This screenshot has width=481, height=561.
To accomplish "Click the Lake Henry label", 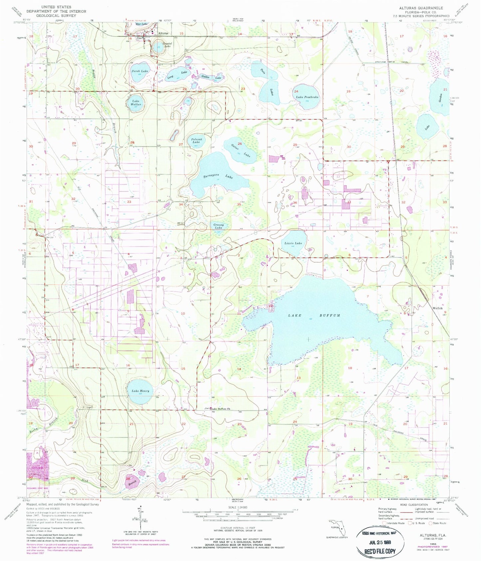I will [x=140, y=391].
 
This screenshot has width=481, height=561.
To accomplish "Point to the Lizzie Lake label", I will [x=293, y=243].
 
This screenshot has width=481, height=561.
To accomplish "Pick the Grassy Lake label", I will [x=218, y=226].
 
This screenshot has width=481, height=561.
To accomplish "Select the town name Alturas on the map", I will [x=163, y=33].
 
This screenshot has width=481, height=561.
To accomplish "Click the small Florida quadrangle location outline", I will [x=337, y=526].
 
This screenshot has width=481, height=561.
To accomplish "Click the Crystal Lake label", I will [x=167, y=45].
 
